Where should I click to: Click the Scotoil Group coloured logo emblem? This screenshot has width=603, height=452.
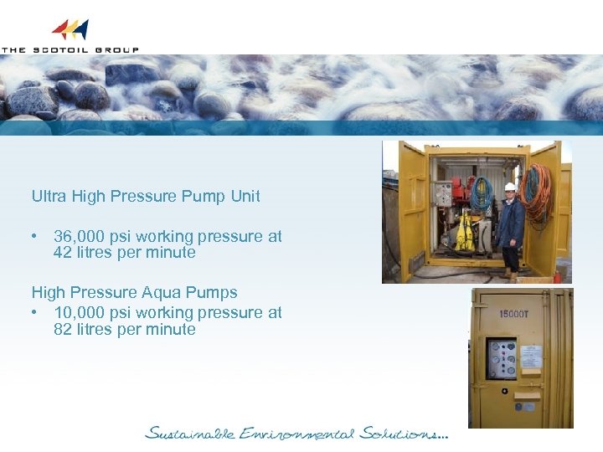click(70, 30)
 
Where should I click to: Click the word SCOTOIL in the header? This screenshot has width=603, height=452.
click(59, 50)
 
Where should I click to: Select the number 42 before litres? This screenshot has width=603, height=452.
click(63, 253)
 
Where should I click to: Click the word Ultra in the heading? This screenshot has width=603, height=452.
click(49, 197)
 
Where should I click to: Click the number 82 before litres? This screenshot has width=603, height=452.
click(63, 329)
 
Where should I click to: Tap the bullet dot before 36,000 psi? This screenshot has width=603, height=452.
click(34, 237)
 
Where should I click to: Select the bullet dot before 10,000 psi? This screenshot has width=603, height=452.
click(34, 313)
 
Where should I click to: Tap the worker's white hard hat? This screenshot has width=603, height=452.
click(510, 187)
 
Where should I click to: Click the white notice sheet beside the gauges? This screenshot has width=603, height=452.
click(531, 357)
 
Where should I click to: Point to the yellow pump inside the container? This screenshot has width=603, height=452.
click(465, 234)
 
